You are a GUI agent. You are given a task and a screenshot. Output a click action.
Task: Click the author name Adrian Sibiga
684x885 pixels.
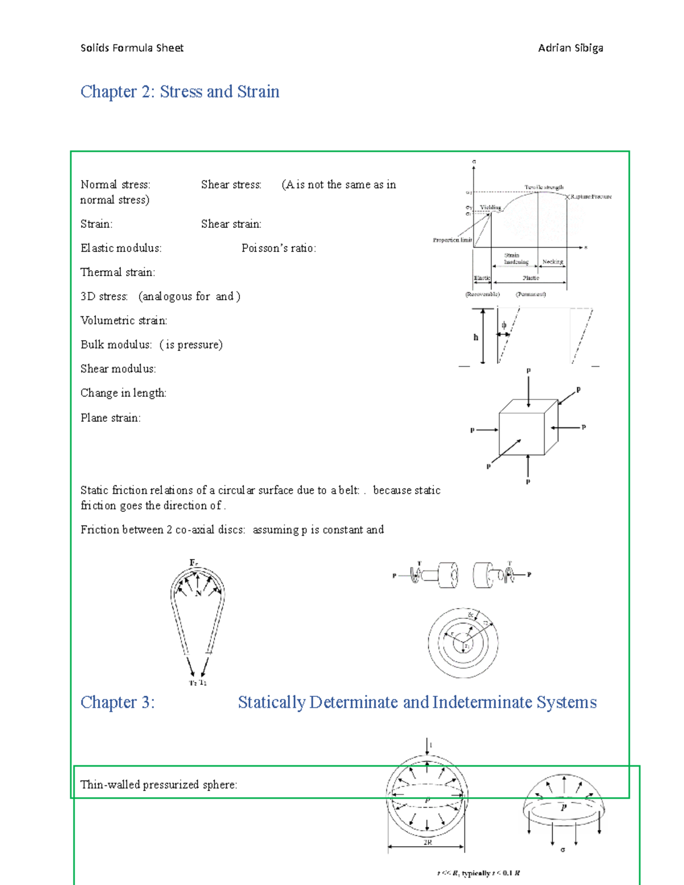(570, 48)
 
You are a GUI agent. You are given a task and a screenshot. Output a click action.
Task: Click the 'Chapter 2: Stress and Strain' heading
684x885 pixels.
(180, 92)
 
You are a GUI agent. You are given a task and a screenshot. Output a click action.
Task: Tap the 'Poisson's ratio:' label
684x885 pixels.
(278, 248)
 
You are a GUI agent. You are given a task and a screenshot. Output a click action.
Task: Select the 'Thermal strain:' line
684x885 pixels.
(117, 272)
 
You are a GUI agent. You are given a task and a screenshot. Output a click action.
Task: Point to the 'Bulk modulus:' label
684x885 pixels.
(116, 345)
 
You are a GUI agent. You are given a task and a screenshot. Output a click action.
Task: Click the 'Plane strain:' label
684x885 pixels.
(111, 418)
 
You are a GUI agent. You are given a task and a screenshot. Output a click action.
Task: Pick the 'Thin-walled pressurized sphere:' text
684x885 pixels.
(158, 785)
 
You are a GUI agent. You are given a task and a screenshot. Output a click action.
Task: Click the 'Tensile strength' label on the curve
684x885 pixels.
(544, 187)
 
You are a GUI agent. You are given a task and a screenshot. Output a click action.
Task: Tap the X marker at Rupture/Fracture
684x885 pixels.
(568, 197)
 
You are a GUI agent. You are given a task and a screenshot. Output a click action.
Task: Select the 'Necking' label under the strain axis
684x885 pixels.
(552, 262)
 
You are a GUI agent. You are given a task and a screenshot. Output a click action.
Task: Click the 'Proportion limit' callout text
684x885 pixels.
(452, 240)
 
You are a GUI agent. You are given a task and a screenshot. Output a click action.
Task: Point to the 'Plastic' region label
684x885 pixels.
(531, 278)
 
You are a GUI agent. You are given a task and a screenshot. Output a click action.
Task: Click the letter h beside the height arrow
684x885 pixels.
(476, 337)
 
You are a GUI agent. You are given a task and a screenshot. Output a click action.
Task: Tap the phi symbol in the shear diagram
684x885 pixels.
(504, 325)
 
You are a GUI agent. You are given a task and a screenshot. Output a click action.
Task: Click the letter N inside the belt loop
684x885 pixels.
(198, 593)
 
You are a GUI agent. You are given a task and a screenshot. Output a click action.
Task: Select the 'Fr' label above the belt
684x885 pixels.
(194, 563)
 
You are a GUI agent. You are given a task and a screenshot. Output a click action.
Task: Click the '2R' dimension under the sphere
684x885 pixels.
(427, 842)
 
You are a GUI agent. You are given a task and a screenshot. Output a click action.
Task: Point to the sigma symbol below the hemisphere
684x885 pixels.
(563, 850)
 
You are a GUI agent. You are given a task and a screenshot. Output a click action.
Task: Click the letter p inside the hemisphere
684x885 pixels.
(564, 807)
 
